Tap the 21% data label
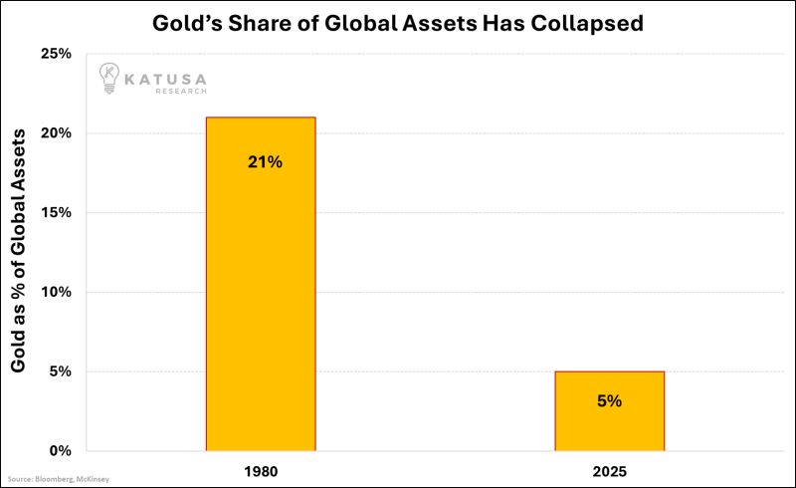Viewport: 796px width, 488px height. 266,161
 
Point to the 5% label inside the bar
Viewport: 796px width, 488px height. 610,401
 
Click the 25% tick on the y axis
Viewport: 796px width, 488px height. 57,53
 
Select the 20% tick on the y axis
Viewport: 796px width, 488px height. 57,132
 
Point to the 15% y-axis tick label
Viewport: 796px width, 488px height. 57,212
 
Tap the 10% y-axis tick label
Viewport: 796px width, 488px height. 57,292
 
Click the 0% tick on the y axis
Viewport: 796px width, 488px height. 61,451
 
